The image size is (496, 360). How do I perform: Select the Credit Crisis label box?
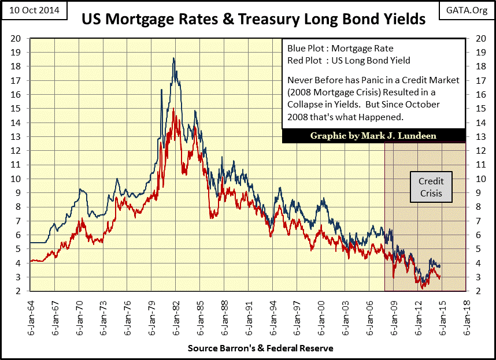click(x=431, y=187)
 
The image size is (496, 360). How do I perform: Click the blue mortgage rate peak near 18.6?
click(x=173, y=58)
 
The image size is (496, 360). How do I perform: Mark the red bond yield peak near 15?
click(x=173, y=108)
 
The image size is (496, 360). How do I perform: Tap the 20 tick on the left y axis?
click(x=18, y=38)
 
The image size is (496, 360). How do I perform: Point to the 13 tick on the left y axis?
click(x=18, y=136)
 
